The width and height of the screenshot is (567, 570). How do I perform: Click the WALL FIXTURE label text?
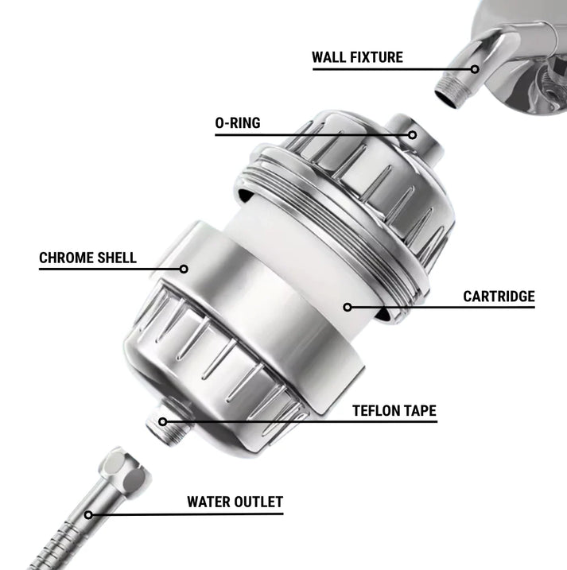point(357,57)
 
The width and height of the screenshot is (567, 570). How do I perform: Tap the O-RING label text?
point(238,123)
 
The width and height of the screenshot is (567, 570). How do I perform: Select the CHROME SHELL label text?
point(87,258)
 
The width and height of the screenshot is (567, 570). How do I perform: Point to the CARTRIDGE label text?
point(499,297)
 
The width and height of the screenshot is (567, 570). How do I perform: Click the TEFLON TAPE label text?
point(394,411)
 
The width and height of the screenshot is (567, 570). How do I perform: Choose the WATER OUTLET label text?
point(235,502)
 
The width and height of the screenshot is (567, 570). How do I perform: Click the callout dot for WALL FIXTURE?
point(475,69)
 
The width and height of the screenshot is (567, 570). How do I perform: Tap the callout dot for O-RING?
point(412,135)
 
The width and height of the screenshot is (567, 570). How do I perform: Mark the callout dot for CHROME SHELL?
point(184,269)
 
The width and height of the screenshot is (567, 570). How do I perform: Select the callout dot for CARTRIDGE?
point(348,307)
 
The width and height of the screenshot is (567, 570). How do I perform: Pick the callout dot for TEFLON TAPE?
point(162,421)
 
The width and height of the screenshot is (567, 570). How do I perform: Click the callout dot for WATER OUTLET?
point(88,514)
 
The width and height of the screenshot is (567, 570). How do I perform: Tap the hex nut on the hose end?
point(123,470)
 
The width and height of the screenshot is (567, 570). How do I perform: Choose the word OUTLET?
point(258,502)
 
